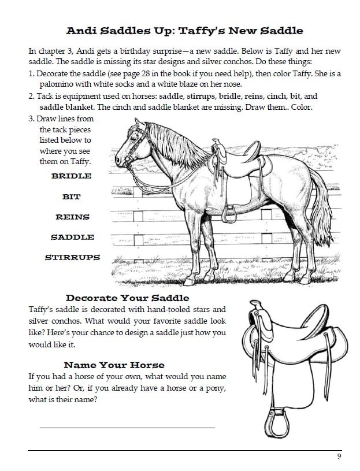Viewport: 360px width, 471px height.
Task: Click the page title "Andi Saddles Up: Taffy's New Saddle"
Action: pos(185,31)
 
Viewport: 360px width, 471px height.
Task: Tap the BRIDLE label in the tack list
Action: pos(71,175)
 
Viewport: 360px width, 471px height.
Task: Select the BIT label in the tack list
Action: pos(71,196)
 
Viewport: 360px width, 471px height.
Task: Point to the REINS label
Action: pos(72,217)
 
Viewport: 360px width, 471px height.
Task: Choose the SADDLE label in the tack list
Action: pos(72,237)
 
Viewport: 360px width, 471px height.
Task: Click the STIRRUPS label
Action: pos(72,257)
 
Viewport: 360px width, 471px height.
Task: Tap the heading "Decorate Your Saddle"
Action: pos(127,298)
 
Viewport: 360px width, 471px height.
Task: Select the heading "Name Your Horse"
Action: pos(114,365)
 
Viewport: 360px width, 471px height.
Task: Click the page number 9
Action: pos(339,457)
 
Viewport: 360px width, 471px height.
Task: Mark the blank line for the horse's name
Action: pos(127,427)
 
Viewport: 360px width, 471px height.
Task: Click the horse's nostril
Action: pos(118,158)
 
